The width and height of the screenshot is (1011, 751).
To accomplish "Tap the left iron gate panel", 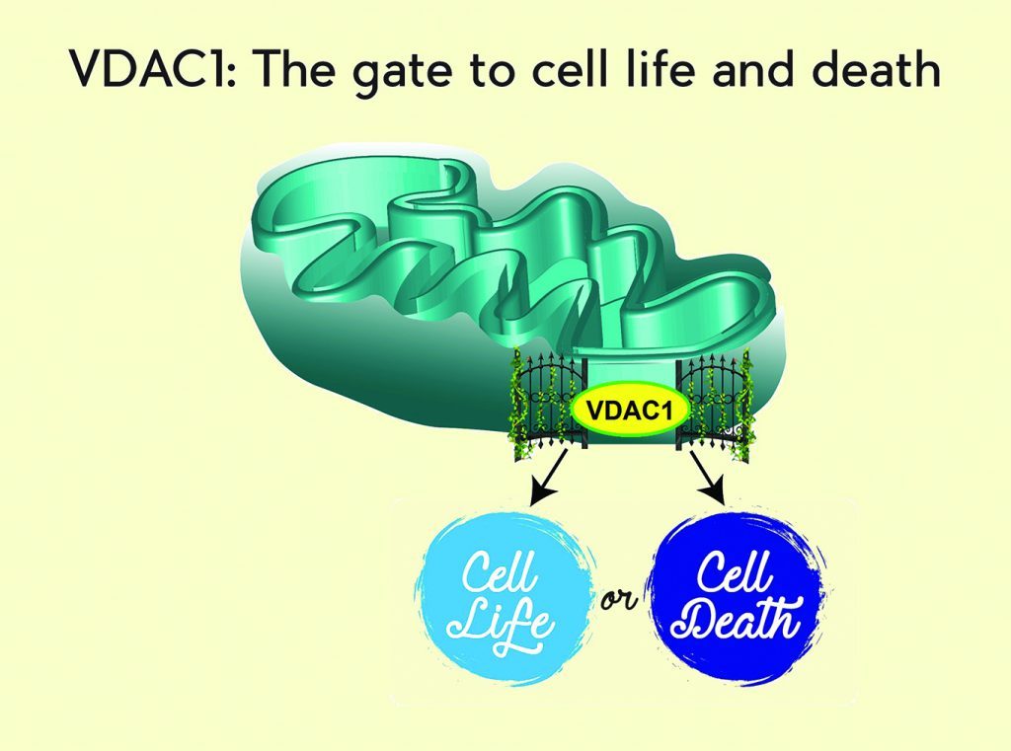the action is pyautogui.click(x=550, y=404).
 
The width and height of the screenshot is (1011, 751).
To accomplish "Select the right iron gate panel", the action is pyautogui.click(x=713, y=404).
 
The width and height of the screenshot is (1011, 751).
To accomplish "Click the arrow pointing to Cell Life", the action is pyautogui.click(x=548, y=478).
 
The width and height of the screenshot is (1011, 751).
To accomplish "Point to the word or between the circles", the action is pyautogui.click(x=620, y=601).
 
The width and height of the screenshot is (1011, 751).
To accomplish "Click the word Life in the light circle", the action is pyautogui.click(x=501, y=624).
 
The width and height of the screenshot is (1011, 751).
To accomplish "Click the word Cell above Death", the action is pyautogui.click(x=735, y=569).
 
